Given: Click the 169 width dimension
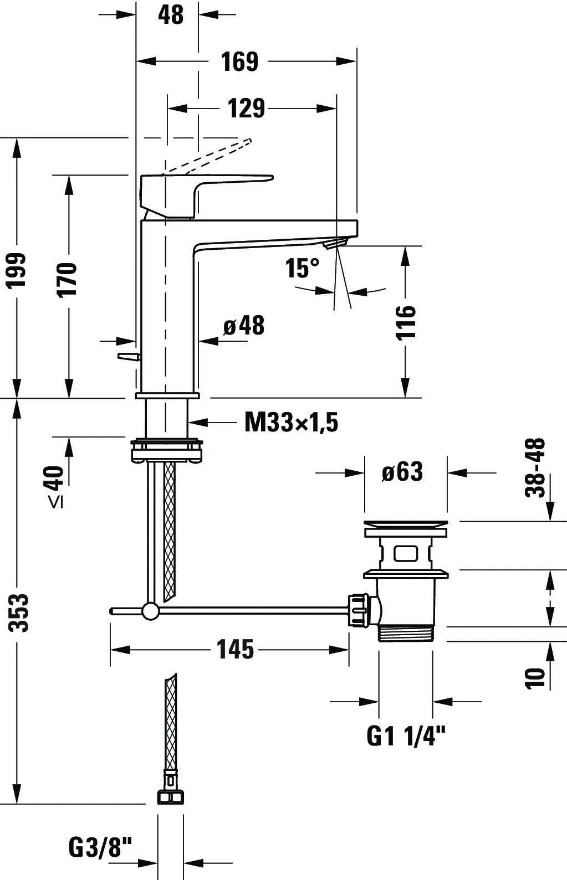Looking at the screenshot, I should coord(239,61).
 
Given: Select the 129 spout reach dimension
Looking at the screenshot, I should coord(246,109).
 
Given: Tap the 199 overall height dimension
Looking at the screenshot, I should coord(17,270).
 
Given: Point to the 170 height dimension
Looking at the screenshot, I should coord(68,280).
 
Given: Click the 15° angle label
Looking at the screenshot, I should coord(303,269).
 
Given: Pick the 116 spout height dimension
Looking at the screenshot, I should coord(406,321).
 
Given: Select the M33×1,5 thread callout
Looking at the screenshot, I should coord(291,423).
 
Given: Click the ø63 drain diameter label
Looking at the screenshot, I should coord(402,472).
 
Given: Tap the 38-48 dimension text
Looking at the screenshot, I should coord(535,468).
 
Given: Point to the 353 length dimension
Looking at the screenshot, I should coord(21,612).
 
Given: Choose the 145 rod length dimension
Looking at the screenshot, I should coord(235,649).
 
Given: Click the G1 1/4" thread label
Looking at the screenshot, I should coord(406,736).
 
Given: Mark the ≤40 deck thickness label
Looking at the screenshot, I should coord(55,486).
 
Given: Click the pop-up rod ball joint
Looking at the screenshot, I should coord(150,611).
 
